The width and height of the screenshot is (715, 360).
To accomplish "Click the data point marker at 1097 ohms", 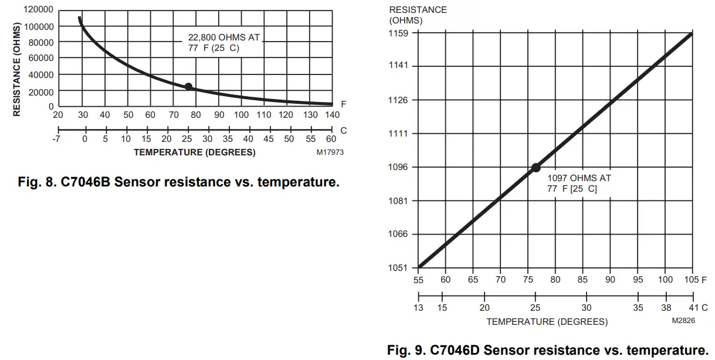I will tap(536, 168).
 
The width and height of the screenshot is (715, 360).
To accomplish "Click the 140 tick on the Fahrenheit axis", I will tap(332, 115).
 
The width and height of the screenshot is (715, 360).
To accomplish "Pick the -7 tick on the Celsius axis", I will tap(57, 139).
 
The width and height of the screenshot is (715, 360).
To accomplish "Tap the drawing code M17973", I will tap(330, 152).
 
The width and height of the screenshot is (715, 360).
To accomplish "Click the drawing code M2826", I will tap(683, 321).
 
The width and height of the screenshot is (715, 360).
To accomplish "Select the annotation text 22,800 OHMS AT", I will tap(223, 38).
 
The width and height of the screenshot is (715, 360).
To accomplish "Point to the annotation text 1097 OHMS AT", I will tap(579, 178).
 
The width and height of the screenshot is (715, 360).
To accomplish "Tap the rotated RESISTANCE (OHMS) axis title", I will tap(17, 69).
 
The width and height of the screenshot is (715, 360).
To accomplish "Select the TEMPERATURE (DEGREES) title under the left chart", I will tap(194, 152).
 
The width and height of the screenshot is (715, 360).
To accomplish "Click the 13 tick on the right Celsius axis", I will tap(418, 307).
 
